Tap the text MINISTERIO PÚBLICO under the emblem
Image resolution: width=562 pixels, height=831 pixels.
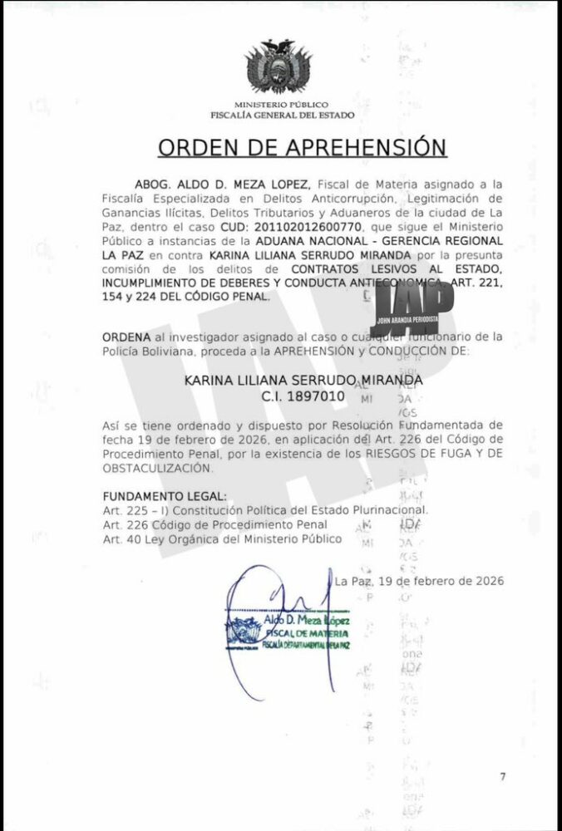click(x=282, y=106)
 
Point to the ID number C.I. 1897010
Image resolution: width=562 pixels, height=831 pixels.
click(x=303, y=396)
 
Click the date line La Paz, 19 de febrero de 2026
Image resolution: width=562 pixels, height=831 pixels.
click(x=419, y=581)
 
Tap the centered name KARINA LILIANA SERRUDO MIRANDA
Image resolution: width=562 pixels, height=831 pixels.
click(x=303, y=381)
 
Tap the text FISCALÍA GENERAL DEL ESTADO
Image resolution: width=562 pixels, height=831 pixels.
click(x=282, y=115)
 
